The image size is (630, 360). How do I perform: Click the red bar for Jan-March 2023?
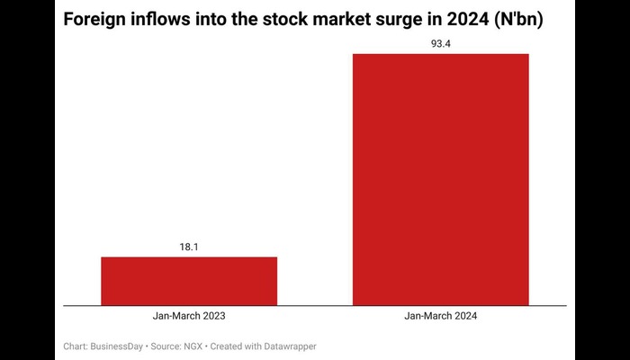[189, 281]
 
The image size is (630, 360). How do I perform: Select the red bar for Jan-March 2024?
[440, 180]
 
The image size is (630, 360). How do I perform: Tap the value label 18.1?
[189, 245]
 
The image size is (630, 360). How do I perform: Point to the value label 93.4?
[440, 42]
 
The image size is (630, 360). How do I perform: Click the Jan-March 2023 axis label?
[189, 317]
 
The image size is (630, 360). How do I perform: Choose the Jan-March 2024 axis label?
[440, 317]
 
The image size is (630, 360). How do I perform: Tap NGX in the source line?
[197, 346]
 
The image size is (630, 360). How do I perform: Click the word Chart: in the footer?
[76, 346]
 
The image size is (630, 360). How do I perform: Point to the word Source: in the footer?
[167, 346]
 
